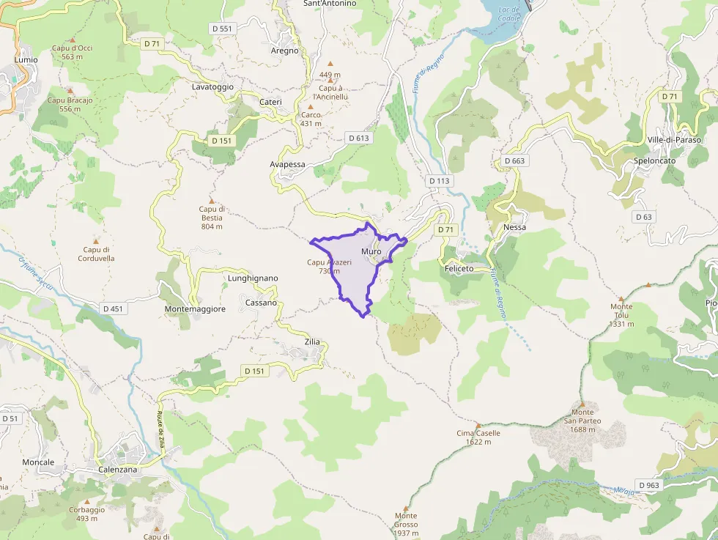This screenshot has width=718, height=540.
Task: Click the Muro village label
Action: click(371, 252)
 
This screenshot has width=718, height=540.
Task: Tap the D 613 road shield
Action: click(358, 138)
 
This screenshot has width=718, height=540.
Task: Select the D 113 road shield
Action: click(439, 180)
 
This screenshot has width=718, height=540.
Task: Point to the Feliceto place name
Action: click(459, 269)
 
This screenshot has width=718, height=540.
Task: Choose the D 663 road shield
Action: click(514, 160)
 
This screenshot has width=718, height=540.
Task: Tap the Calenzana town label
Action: click(117, 470)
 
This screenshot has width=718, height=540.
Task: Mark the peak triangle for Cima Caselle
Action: click(478, 425)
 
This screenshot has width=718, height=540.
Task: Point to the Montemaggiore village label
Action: click(195, 309)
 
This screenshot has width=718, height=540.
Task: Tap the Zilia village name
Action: click(312, 342)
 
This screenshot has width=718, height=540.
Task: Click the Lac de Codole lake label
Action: click(508, 14)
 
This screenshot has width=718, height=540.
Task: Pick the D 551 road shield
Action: click(221, 29)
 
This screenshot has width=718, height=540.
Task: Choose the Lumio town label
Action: click(26, 59)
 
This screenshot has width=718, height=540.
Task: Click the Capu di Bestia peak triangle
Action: click(212, 200)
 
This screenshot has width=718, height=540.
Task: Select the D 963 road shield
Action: click(649, 485)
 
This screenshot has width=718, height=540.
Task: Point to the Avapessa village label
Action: click(287, 164)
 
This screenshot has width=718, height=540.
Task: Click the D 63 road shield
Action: click(643, 217)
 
